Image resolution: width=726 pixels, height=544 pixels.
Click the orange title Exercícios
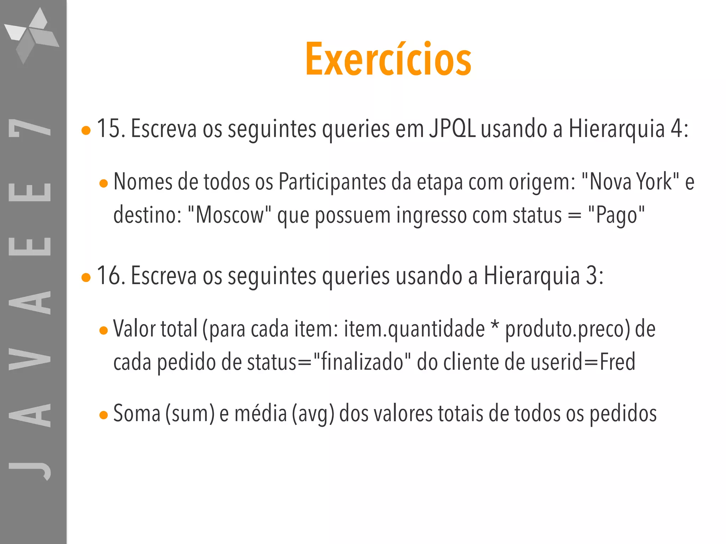tap(389, 59)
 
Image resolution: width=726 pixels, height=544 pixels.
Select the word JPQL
tap(452, 128)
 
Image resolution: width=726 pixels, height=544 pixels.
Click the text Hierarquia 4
tap(628, 128)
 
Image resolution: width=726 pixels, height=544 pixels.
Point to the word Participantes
tap(332, 182)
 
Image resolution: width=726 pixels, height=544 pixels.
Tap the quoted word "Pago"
tap(616, 215)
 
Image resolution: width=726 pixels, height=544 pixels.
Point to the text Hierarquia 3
tap(543, 276)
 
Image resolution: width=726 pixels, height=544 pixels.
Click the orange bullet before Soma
tap(104, 415)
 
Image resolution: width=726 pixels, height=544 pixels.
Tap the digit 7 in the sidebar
tap(30, 127)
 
